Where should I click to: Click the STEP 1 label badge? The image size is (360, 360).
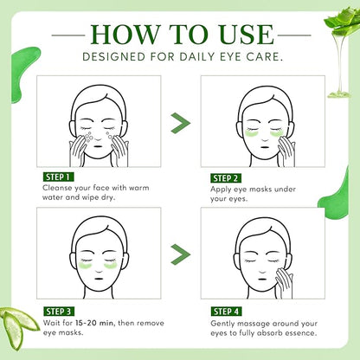[58, 177]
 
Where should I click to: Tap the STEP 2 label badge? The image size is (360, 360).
[226, 178]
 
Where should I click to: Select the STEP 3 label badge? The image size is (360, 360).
[59, 312]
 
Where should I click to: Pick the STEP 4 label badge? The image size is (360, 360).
[226, 312]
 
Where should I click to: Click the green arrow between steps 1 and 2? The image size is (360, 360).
[180, 123]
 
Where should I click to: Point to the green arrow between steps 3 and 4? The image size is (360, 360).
[180, 254]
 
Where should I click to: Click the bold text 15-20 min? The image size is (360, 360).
[94, 323]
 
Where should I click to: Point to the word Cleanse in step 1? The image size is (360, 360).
[57, 188]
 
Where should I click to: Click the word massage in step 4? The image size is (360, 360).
[253, 324]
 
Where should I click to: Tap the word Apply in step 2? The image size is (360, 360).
[221, 190]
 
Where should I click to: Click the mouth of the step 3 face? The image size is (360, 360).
[99, 279]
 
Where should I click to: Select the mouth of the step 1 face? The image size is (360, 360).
[99, 146]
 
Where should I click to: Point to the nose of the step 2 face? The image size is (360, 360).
[265, 138]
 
